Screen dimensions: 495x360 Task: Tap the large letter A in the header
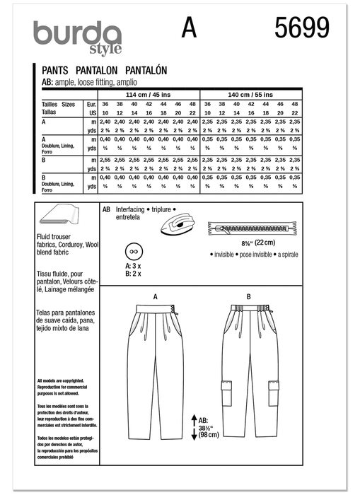click(x=189, y=28)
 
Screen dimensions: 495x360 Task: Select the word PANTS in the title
click(x=52, y=71)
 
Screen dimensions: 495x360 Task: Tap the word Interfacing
click(x=131, y=210)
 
